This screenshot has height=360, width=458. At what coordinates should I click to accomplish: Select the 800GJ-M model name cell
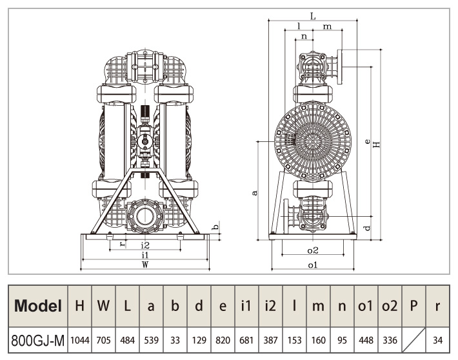point(38,338)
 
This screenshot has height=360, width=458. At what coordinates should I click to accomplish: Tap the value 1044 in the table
point(79,338)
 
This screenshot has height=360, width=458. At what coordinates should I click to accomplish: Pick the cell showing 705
point(103,338)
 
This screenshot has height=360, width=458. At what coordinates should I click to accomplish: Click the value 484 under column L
point(127,338)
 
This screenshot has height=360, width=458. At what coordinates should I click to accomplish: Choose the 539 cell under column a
point(151,338)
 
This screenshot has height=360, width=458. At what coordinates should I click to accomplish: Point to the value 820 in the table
point(223,338)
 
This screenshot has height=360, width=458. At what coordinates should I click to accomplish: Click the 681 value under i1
point(246,338)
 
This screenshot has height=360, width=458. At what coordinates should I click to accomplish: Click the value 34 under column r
point(437,338)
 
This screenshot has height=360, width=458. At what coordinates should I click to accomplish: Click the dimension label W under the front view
point(145,265)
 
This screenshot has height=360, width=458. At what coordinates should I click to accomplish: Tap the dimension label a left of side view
point(255,192)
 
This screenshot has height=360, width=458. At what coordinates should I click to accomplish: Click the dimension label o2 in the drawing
point(313,250)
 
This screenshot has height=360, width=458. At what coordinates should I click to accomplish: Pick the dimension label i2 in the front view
point(145,245)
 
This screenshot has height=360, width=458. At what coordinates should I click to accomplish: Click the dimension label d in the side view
point(367,227)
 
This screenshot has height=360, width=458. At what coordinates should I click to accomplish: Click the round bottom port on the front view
point(145,215)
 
